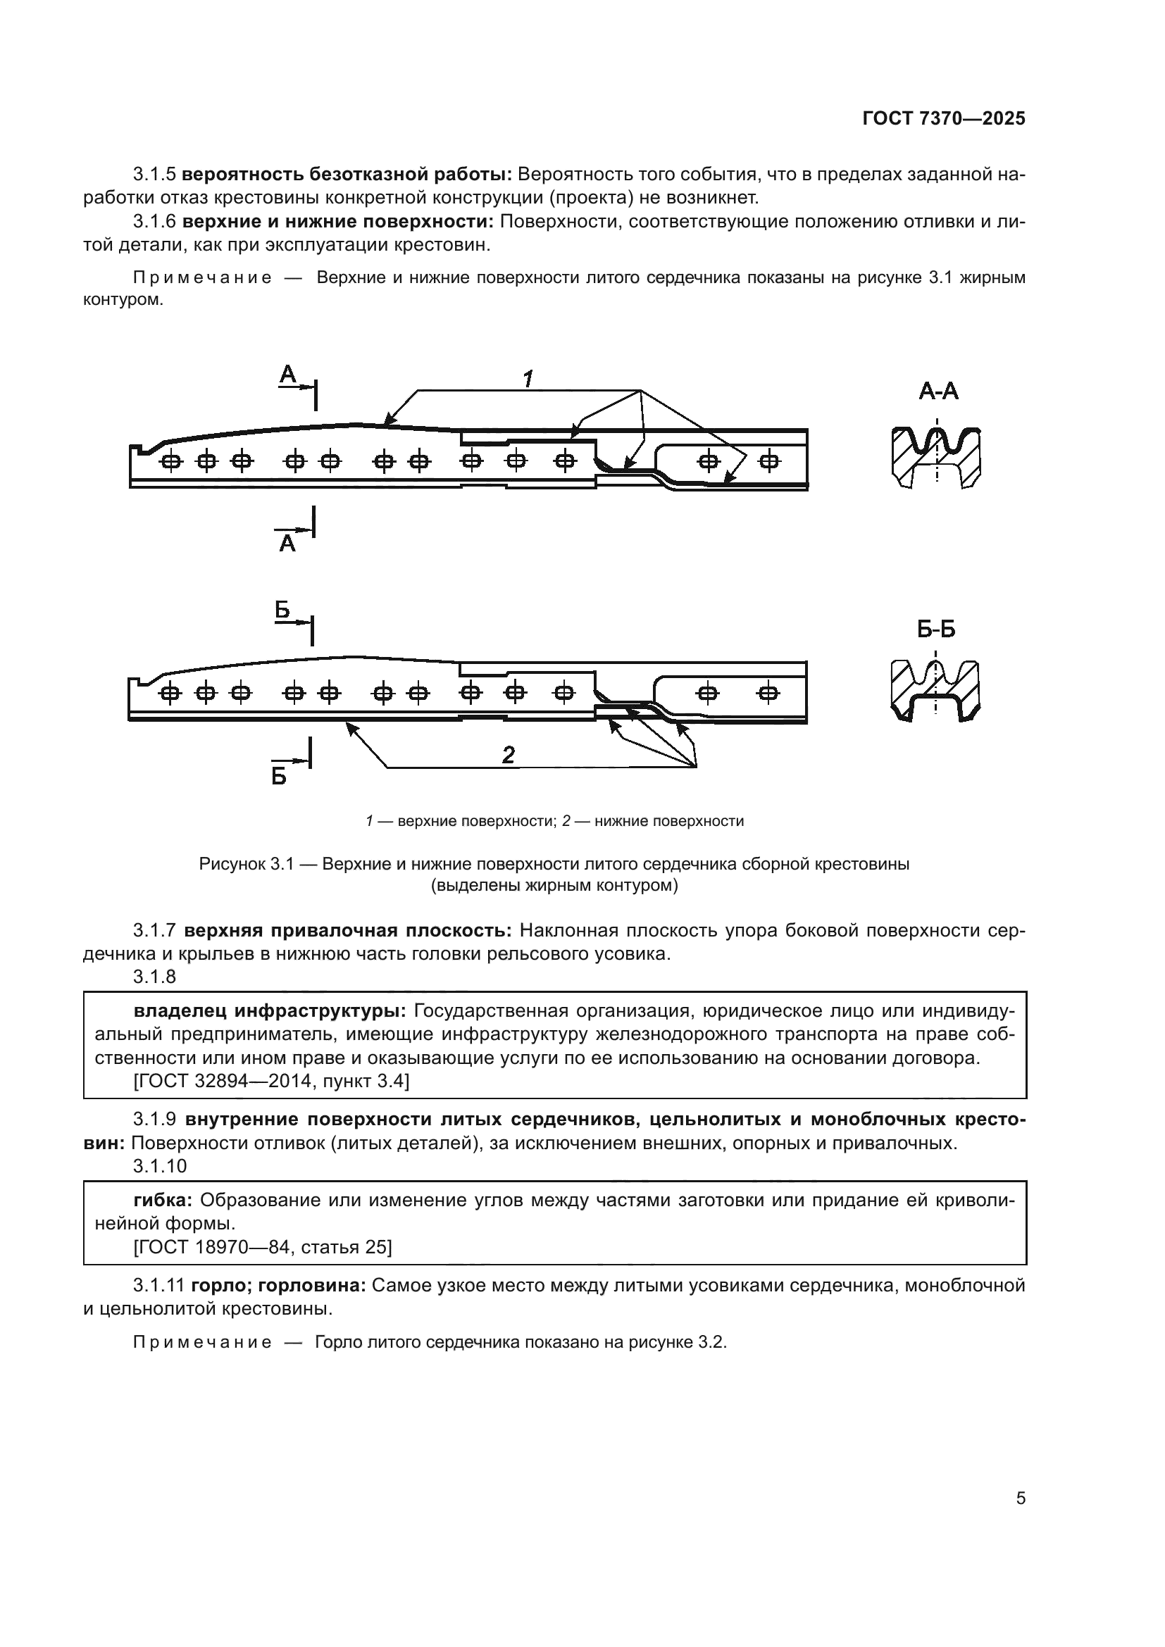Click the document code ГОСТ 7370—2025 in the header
pos(943,119)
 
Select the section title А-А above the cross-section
pos(938,392)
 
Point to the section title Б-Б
pos(936,630)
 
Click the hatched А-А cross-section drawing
pos(936,458)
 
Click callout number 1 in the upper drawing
pos(528,379)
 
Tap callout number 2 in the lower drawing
pos(508,755)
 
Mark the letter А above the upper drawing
pos(287,374)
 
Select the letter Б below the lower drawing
pos(279,776)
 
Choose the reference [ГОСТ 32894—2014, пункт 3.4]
pos(271,1081)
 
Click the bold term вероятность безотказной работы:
pos(347,174)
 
